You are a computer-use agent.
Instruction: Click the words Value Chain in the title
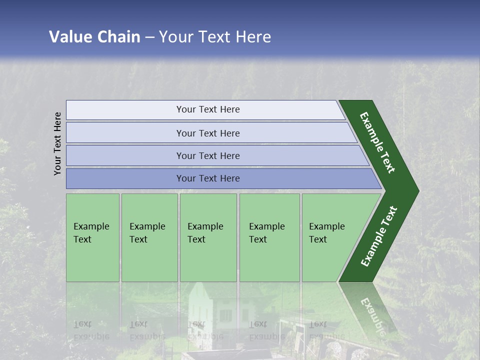94,37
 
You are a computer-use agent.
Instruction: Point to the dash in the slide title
149,37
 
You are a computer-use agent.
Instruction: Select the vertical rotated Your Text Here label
57,143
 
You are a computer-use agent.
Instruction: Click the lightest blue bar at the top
207,109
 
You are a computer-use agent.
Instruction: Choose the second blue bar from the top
207,133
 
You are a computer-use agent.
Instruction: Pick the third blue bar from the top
207,155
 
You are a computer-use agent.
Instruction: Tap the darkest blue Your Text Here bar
207,178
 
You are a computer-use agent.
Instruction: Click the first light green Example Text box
92,237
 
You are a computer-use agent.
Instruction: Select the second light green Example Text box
149,237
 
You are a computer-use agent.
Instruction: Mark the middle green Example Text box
208,237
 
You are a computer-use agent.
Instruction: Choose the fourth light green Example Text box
269,237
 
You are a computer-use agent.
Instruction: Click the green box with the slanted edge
330,237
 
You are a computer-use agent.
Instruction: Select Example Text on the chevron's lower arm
379,236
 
